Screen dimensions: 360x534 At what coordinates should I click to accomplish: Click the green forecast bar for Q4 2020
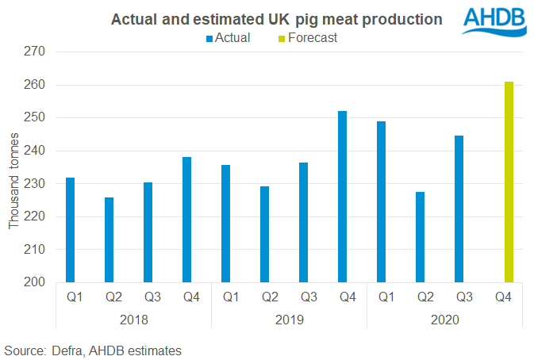pos(509,182)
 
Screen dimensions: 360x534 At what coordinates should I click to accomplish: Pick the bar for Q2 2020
pos(421,236)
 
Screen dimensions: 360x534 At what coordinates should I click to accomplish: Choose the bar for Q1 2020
pos(382,201)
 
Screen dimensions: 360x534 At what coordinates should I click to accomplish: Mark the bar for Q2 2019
pos(265,234)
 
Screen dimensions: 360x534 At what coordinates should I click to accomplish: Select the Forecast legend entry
pos(313,37)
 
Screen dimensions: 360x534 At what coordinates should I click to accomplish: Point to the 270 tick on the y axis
pos(36,52)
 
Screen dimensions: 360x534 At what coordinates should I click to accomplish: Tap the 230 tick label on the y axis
pos(36,183)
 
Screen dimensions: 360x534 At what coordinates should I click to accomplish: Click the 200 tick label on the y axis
pos(36,282)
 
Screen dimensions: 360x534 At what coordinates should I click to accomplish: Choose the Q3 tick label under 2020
pos(459,298)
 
